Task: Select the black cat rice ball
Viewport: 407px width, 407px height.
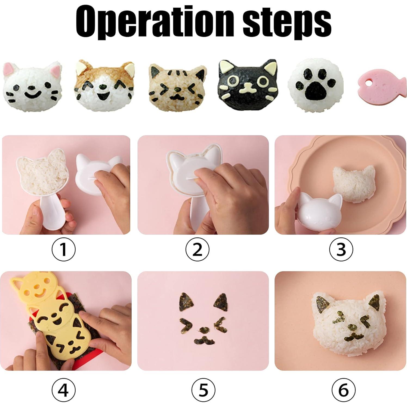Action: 248,87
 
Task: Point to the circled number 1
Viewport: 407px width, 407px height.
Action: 63,249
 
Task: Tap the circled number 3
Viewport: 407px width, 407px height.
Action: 341,249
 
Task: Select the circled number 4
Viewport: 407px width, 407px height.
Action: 63,390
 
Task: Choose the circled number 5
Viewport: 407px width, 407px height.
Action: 203,390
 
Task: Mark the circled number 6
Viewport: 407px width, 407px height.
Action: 344,390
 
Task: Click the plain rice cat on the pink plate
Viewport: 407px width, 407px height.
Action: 354,185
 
